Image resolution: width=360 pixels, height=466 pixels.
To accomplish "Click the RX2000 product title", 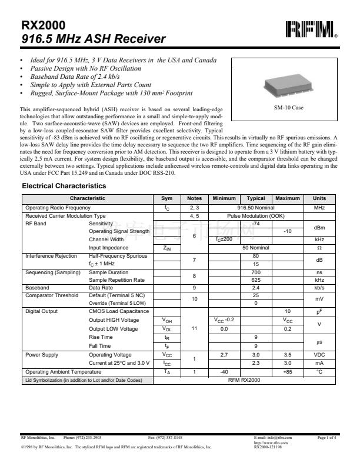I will [43, 25].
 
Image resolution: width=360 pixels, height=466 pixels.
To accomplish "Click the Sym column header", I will [167, 199].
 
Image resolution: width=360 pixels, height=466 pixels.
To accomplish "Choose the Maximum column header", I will [287, 199].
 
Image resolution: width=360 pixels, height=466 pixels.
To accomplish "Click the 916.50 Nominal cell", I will [256, 208].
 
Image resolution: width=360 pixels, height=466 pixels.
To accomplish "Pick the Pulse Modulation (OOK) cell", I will [256, 216].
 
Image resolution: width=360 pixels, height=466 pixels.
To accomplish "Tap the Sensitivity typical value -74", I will [256, 224].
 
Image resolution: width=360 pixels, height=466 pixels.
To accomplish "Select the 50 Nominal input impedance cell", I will [256, 248].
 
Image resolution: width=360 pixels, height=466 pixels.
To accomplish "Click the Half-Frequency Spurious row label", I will [118, 256].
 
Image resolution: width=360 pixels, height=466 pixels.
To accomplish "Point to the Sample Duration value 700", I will [256, 272].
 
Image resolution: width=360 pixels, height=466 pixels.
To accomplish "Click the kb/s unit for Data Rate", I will [319, 288].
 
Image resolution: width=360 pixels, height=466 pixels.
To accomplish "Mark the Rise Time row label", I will [101, 337].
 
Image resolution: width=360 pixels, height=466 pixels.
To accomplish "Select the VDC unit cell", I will [319, 355].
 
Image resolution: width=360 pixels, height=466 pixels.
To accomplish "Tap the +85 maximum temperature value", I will [287, 372].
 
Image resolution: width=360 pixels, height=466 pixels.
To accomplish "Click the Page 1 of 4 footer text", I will [326, 438].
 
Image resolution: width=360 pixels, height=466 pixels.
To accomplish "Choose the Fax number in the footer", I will [165, 438].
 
